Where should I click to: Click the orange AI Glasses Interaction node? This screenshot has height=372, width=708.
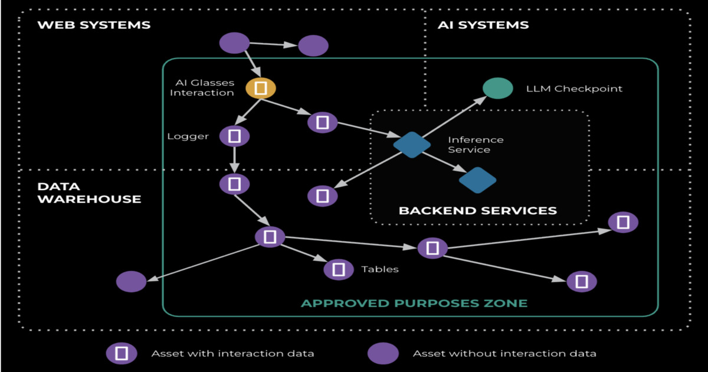click(261, 89)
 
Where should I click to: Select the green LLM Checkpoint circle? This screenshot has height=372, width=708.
click(497, 89)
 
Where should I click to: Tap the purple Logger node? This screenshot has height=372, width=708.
click(234, 136)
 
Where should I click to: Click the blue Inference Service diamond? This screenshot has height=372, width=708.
click(412, 144)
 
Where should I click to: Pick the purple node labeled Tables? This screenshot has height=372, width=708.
click(339, 269)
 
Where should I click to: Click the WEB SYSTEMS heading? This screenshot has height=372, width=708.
click(94, 25)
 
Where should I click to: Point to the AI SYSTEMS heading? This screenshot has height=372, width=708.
click(483, 25)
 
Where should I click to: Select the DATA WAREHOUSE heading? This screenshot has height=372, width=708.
click(88, 192)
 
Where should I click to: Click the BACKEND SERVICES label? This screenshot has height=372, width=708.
click(477, 210)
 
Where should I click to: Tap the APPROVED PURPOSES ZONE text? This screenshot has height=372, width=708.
click(414, 304)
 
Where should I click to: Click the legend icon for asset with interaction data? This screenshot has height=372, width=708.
click(122, 354)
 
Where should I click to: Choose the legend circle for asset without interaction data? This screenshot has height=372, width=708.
click(383, 354)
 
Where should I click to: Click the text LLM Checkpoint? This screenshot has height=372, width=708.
click(574, 89)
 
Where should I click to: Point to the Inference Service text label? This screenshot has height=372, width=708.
click(476, 145)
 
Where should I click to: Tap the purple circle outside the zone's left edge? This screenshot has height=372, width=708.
click(131, 282)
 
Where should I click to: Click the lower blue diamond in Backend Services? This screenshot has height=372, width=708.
click(477, 180)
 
